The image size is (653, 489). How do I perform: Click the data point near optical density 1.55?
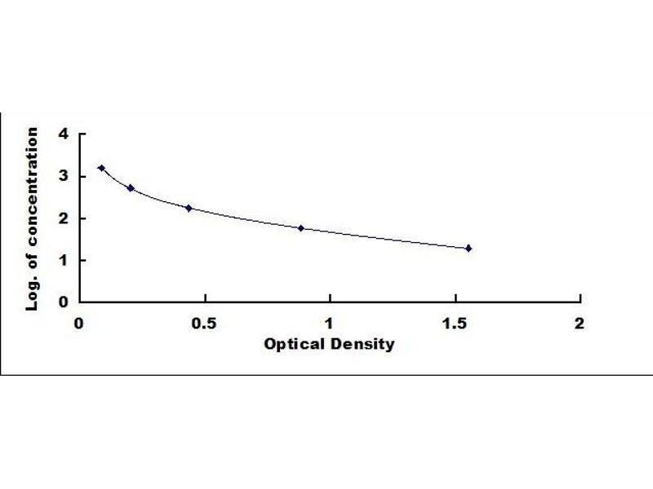pos(469,248)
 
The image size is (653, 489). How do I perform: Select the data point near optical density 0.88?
pos(300,228)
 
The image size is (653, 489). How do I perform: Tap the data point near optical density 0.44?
pos(189,208)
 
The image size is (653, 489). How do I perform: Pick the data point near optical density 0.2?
pos(131,187)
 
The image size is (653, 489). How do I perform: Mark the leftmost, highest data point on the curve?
pos(101,168)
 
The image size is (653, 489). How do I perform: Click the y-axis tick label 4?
pos(63,134)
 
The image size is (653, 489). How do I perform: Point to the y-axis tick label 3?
pos(63,176)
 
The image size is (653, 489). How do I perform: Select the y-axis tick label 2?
pos(63,218)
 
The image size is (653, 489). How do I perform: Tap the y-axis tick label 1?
pos(63,260)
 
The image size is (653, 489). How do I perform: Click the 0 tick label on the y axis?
pos(63,302)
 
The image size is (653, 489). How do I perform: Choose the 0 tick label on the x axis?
pos(79,324)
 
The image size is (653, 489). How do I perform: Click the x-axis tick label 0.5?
pos(204,324)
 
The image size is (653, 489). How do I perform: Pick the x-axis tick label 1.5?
pos(454,324)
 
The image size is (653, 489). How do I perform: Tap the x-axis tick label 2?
pos(580,324)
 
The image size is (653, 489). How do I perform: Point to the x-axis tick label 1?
pos(330,324)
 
